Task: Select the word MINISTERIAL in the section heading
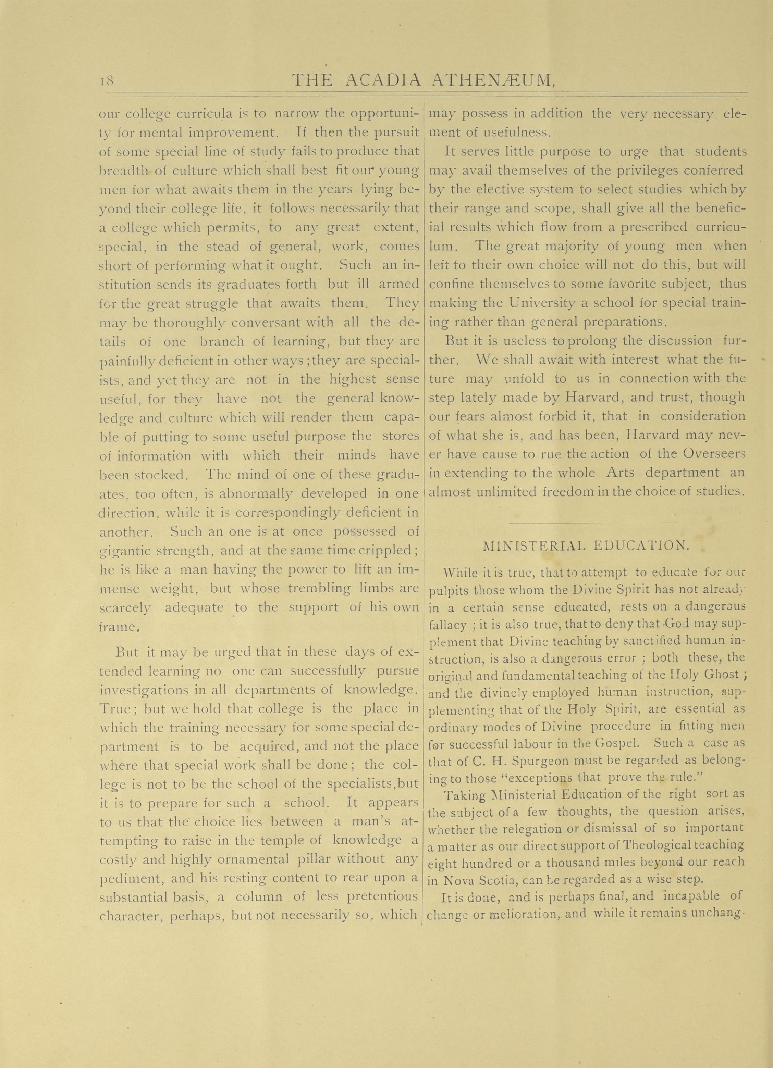tap(534, 546)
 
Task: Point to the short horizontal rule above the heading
tap(592, 523)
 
